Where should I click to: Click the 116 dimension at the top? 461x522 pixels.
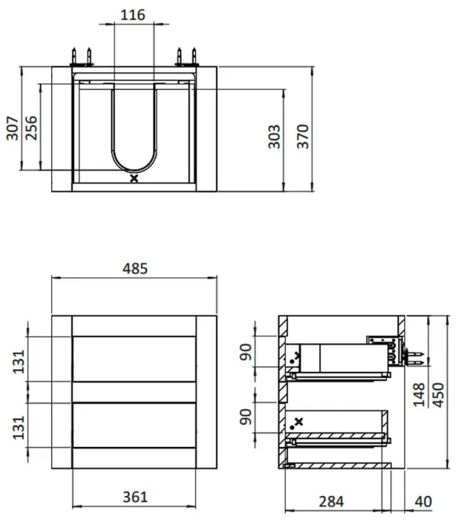[133, 15]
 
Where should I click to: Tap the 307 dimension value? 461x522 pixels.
[13, 128]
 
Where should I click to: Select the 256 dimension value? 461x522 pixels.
[32, 128]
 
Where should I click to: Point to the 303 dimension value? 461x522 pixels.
[274, 136]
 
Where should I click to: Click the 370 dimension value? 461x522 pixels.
[303, 136]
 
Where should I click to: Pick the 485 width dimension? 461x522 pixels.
[135, 269]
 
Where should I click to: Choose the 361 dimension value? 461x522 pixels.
[135, 497]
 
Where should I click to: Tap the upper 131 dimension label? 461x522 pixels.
[19, 361]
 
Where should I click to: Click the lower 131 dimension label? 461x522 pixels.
[19, 428]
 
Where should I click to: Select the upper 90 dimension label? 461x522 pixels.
[246, 353]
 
